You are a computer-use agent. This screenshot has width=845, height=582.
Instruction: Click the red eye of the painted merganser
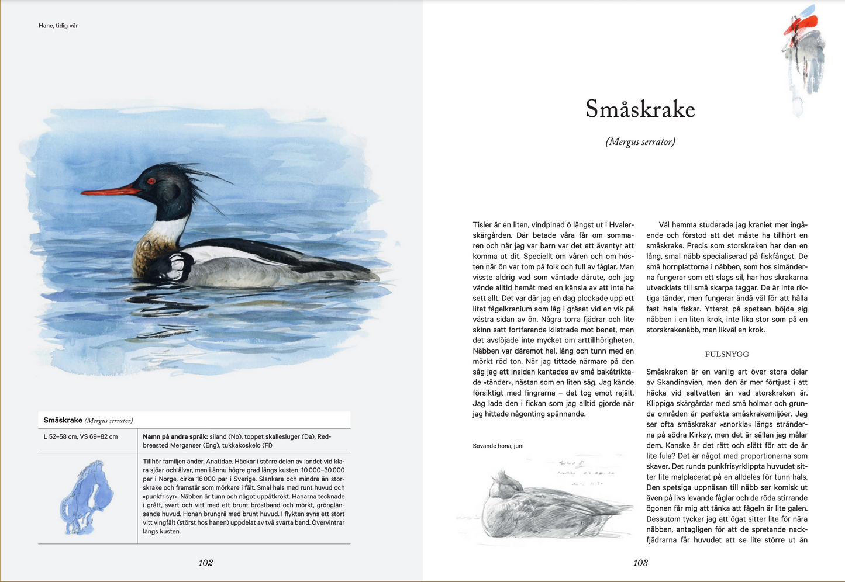(151, 181)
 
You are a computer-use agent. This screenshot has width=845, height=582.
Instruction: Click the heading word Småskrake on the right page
(640, 109)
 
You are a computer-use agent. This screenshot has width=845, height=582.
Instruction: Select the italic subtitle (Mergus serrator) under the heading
(640, 142)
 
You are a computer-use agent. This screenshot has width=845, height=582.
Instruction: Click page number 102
(205, 563)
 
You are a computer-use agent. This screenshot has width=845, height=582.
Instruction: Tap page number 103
(640, 563)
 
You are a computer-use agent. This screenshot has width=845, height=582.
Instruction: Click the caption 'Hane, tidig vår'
(58, 26)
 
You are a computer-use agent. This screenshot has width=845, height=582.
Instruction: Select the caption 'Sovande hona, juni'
(498, 446)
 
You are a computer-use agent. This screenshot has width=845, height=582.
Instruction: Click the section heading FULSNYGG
(726, 354)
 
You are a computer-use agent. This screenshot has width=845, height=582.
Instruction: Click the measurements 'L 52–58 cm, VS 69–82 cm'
(81, 437)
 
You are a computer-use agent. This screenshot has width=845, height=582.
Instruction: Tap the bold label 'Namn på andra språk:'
(175, 437)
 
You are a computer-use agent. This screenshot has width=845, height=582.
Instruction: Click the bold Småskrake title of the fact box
(63, 420)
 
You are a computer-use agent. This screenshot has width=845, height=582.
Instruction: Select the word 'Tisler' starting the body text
(482, 225)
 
